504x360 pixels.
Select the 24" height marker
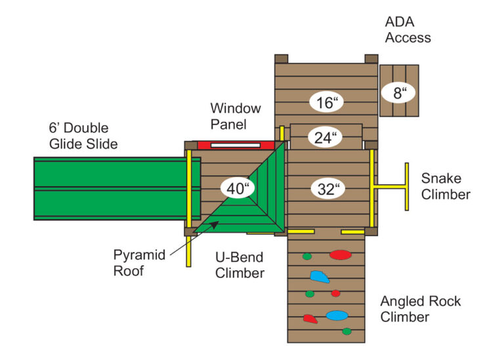click(326, 138)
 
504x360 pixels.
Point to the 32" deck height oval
click(327, 190)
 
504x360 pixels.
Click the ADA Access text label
click(408, 30)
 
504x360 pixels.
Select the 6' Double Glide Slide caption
click(78, 136)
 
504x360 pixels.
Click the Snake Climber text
click(446, 186)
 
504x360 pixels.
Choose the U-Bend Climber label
click(238, 265)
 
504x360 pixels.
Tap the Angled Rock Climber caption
click(421, 310)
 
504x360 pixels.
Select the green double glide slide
click(108, 188)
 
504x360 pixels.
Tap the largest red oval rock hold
click(339, 254)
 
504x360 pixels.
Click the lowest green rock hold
click(346, 331)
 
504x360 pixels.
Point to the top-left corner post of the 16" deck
click(281, 59)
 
